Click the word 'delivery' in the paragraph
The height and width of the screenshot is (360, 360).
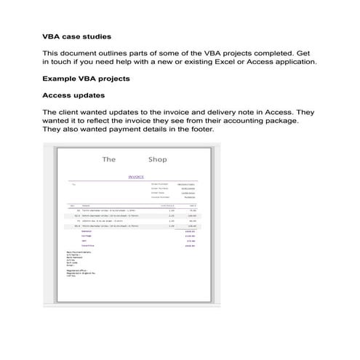click(x=224, y=112)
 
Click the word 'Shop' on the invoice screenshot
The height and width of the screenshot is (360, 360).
click(x=157, y=159)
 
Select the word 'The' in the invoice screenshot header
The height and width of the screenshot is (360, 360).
click(x=110, y=159)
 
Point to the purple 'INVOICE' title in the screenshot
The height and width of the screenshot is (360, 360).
click(x=136, y=176)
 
